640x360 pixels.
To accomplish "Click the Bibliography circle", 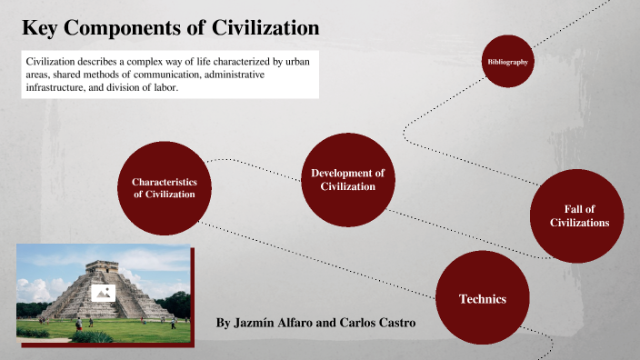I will click(507, 61).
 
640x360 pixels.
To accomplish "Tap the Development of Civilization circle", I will click(347, 179).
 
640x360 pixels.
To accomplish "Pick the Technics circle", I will click(482, 298).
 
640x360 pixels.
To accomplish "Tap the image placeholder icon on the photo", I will click(103, 293).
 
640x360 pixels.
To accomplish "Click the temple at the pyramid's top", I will click(99, 267).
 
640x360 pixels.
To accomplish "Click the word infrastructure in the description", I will click(56, 89).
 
